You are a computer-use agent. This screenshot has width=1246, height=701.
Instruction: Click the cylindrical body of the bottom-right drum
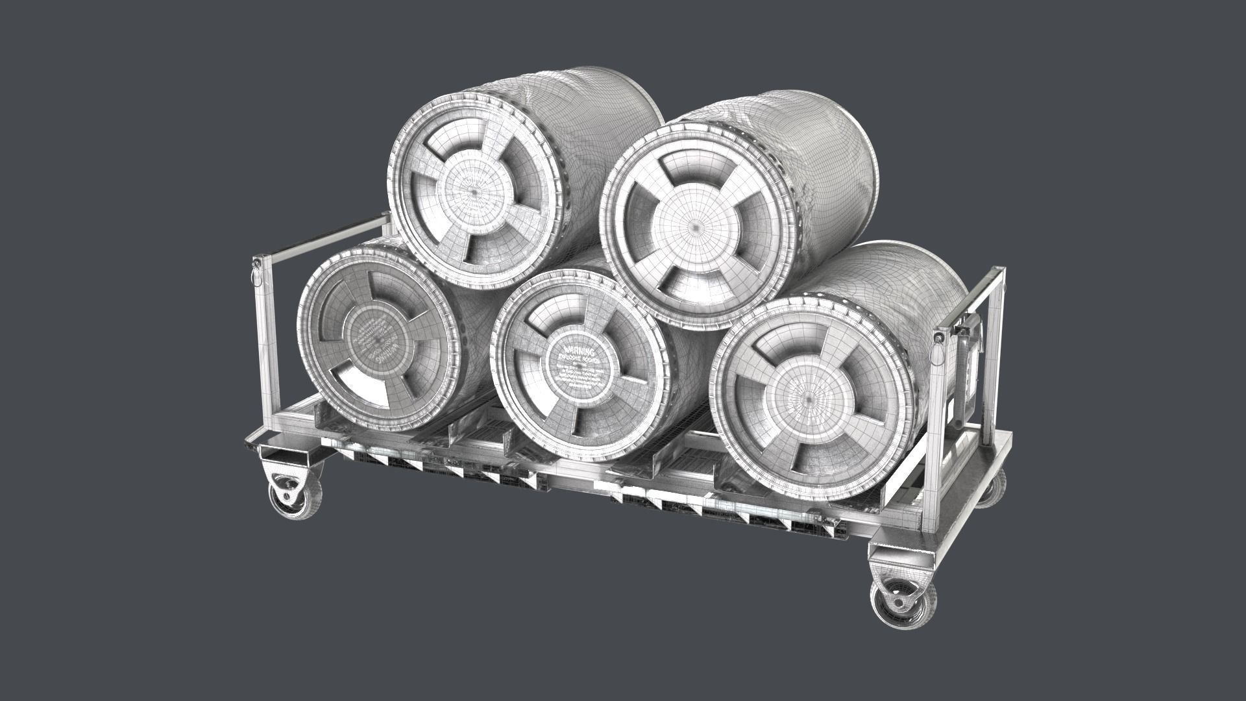[x=922, y=279]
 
